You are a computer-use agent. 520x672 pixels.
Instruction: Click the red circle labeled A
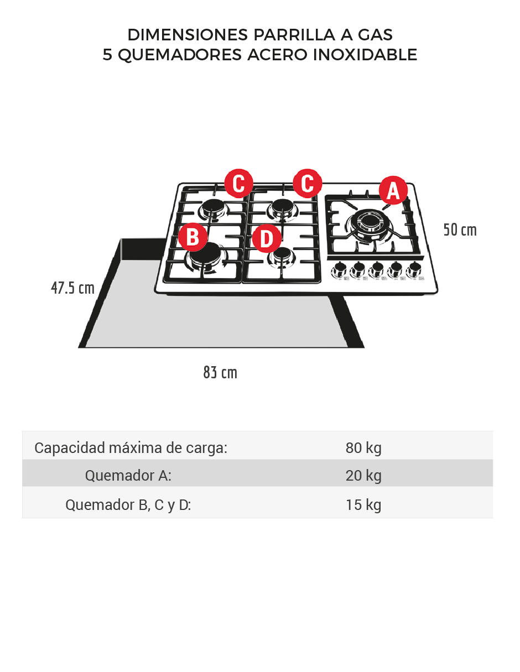click(393, 190)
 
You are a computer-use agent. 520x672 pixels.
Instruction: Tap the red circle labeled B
click(193, 237)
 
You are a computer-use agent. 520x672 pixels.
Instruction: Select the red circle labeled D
click(267, 238)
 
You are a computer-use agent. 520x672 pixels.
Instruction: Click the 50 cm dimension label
click(460, 230)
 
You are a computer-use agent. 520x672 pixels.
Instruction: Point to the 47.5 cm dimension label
click(72, 288)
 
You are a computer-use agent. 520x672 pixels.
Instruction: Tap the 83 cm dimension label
click(220, 372)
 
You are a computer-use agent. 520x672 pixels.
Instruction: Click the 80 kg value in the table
click(363, 448)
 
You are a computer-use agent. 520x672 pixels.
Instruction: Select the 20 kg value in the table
click(363, 475)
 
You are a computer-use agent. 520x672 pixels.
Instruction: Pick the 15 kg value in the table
click(363, 505)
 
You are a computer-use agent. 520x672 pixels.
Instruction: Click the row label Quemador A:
click(128, 475)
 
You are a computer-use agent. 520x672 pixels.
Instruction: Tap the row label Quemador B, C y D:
click(128, 505)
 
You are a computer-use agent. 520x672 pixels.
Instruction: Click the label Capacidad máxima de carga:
click(131, 448)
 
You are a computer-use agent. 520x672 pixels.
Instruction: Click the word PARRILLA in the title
click(294, 35)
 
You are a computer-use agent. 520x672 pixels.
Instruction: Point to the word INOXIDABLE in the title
click(365, 55)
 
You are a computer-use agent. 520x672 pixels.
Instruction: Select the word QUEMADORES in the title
click(180, 55)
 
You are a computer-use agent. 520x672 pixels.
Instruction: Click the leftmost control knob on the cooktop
click(340, 270)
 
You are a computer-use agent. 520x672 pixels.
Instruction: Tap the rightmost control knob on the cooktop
click(414, 270)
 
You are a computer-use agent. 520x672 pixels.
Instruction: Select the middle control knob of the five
click(377, 270)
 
